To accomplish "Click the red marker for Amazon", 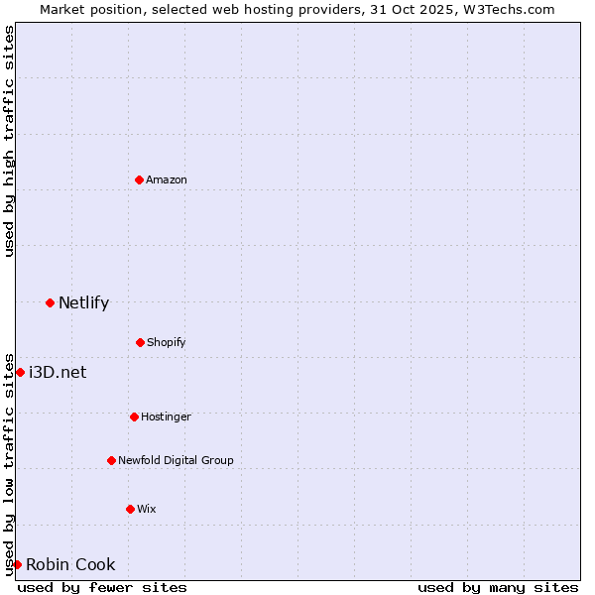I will coord(140,179).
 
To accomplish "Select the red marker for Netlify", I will coord(50,302).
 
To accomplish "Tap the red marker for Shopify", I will coord(140,342).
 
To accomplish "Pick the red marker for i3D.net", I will coord(20,372).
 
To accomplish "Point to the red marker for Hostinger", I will coord(134,416).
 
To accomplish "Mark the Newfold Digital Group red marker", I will coord(111,460).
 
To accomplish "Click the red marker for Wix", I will coord(130,509).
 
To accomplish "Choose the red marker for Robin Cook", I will coord(17,564).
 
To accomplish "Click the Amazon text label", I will coord(167,179).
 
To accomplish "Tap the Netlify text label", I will coord(83,303).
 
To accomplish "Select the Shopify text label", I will coord(167,342).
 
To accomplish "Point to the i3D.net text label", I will coord(58,373).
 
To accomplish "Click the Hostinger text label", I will coord(166,416).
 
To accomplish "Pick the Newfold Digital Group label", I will coord(176,460).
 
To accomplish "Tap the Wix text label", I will coord(147,509).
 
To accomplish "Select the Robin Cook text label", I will coord(70,565).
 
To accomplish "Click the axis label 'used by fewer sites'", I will coord(102,587).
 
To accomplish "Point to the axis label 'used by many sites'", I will coord(498,587).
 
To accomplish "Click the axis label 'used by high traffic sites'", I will coord(9,141).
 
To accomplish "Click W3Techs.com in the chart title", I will coord(506,9).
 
